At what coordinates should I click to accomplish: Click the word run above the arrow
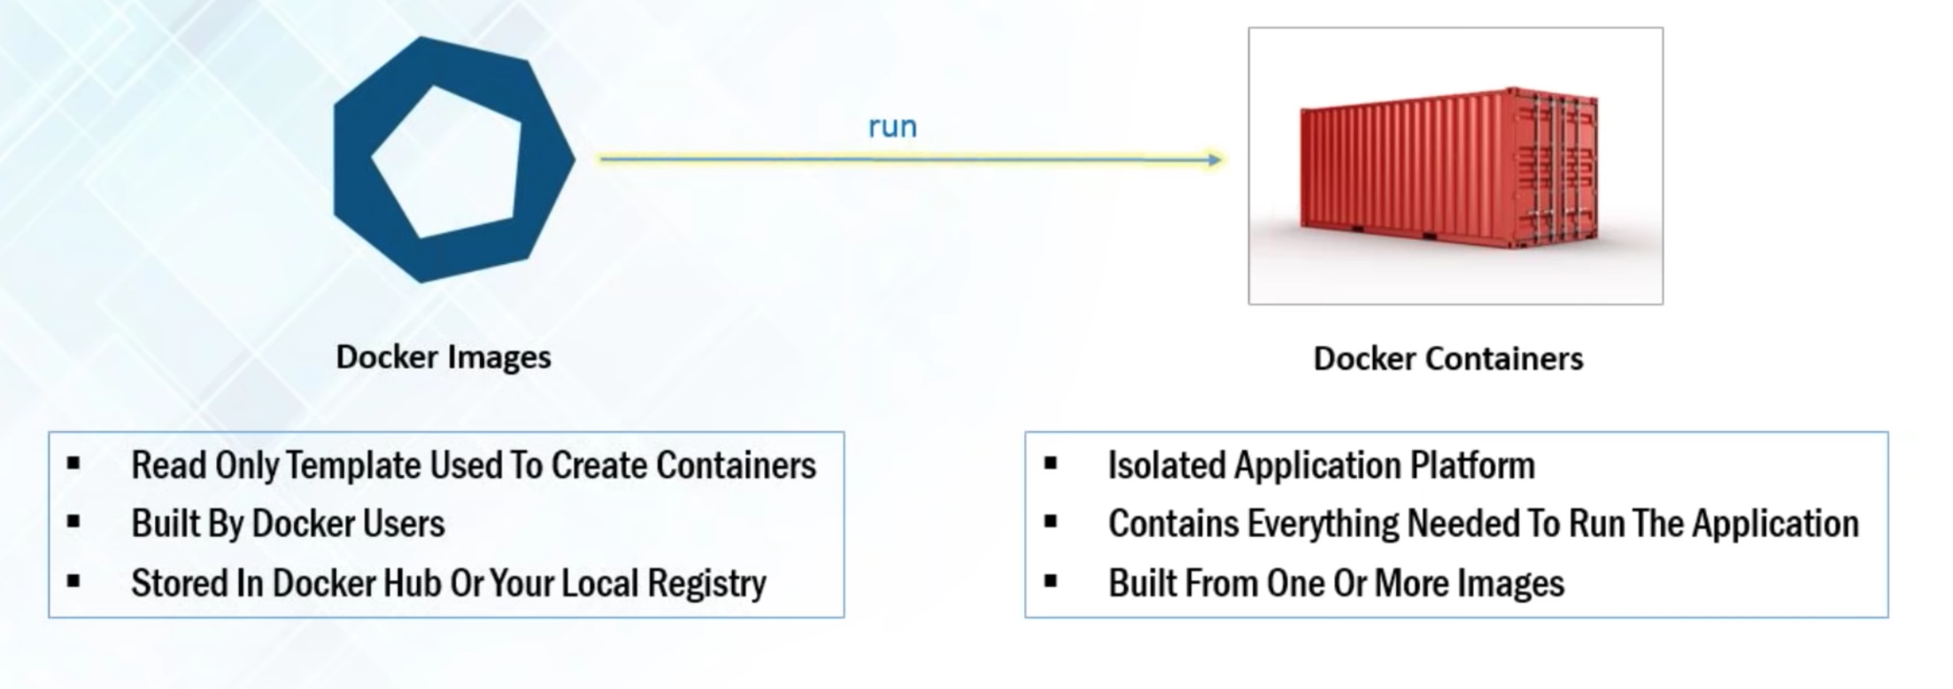[892, 128]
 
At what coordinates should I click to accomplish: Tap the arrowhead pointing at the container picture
[1215, 160]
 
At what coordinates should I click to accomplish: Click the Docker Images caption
[444, 357]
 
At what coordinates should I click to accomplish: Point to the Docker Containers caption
[1448, 359]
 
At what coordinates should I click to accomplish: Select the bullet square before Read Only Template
[73, 463]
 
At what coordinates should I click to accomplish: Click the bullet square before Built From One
[1051, 582]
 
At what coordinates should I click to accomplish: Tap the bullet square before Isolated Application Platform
[1051, 463]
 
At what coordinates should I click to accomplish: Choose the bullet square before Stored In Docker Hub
[73, 582]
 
